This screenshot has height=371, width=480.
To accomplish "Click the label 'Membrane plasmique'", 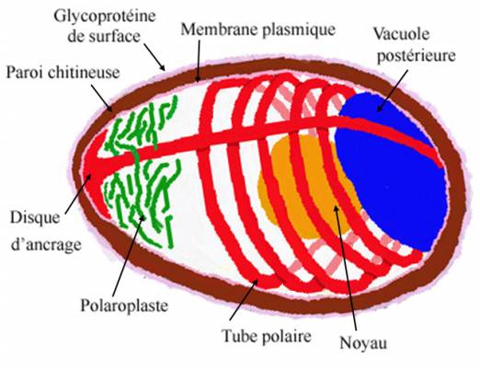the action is (257, 29).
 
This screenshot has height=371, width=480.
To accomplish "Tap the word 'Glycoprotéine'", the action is (105, 17).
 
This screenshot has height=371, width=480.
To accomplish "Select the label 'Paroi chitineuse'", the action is (63, 73).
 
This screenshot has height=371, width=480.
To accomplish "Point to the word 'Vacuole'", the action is (401, 34).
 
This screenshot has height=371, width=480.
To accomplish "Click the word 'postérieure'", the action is (416, 56).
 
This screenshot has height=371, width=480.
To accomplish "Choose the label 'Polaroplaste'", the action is (124, 306).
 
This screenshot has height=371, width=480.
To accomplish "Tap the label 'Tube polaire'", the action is (267, 336).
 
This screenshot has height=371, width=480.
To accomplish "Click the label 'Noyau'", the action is (363, 343).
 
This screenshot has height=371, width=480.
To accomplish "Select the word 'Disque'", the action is (35, 218).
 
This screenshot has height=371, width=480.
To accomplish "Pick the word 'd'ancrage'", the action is (46, 245).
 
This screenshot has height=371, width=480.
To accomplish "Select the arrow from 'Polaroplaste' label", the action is (129, 256).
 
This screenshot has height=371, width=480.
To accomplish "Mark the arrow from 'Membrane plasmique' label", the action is (199, 61).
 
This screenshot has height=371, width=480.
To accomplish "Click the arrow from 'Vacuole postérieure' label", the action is (393, 91).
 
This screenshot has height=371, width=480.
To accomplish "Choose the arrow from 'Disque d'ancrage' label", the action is (78, 194).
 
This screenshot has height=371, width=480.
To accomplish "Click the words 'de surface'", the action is (104, 37).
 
